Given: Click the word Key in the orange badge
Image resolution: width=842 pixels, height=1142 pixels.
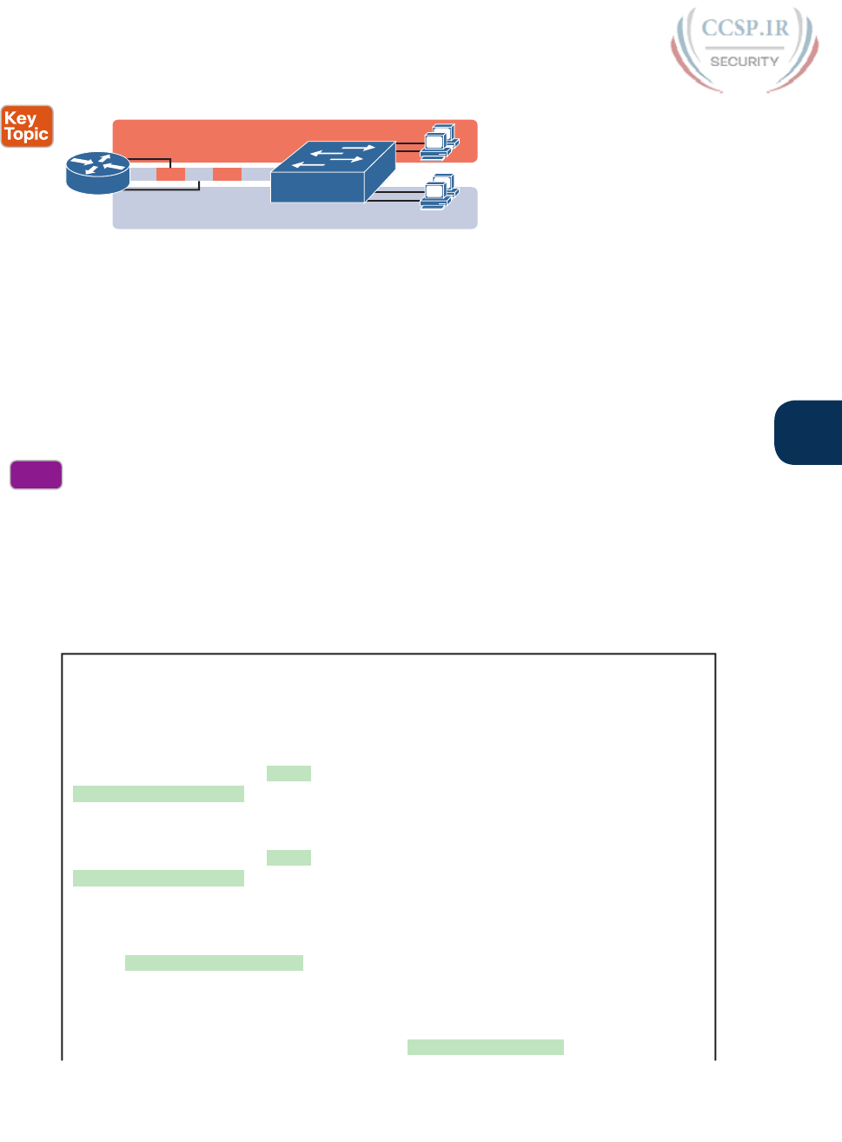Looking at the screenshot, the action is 20,118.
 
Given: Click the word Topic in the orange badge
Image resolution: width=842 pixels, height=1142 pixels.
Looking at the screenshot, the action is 26,135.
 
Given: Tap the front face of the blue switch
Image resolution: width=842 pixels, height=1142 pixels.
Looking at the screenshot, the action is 316,186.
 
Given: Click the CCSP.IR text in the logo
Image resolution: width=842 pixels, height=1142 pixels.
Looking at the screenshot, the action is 745,28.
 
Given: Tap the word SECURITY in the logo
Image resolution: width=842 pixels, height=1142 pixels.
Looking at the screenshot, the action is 744,62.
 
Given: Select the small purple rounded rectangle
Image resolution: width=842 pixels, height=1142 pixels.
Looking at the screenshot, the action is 36,475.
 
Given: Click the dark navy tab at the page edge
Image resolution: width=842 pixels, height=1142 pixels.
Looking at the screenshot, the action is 808,432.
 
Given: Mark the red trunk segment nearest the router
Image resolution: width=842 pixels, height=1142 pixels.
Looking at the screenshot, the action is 170,175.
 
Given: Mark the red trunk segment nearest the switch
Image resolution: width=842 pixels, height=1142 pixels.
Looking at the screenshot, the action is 227,175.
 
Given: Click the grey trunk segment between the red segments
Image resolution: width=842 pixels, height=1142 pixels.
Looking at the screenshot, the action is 199,175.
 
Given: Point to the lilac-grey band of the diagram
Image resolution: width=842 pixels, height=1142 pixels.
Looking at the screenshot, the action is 217,213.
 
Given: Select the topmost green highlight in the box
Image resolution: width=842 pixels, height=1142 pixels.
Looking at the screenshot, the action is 288,774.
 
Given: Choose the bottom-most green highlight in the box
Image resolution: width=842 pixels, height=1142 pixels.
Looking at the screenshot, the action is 485,1047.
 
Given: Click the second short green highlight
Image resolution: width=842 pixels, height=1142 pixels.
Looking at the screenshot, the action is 288,858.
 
